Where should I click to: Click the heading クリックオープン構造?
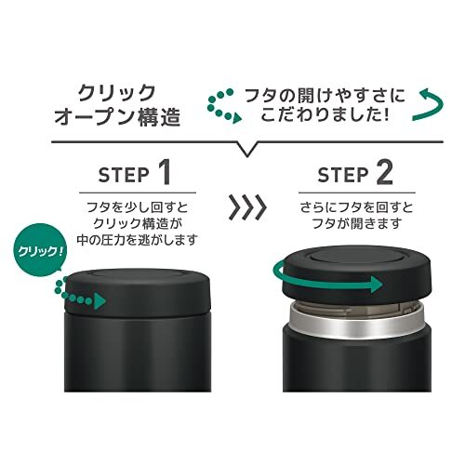point(117,105)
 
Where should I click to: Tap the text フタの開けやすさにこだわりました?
point(325,105)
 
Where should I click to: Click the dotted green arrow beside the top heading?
point(223,106)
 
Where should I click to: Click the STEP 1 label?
point(135,174)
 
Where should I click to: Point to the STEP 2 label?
point(355,174)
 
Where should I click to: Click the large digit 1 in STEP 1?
point(165,174)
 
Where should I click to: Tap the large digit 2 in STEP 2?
point(385,174)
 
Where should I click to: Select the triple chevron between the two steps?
point(247,206)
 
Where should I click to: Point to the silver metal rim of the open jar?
point(356,323)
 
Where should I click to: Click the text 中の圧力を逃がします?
point(138,239)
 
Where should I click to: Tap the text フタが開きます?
point(356,223)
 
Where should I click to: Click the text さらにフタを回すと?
point(356,207)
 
